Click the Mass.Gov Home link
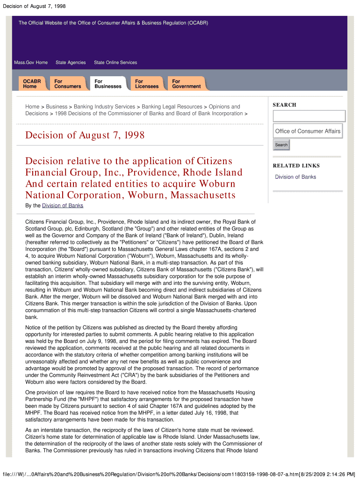pos(31,63)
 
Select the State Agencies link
pos(71,63)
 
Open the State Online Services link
pos(115,63)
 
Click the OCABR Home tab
pos(32,84)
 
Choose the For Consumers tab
pos(67,84)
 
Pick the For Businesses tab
pos(108,84)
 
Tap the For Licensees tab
pos(147,84)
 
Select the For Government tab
pos(186,84)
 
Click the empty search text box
pos(309,116)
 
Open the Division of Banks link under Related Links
pos(295,177)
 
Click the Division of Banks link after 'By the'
pos(63,206)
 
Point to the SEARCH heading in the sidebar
pos(284,105)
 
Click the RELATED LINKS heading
pos(296,166)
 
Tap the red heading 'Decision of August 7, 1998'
pos(85,136)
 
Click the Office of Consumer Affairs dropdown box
pos(308,131)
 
